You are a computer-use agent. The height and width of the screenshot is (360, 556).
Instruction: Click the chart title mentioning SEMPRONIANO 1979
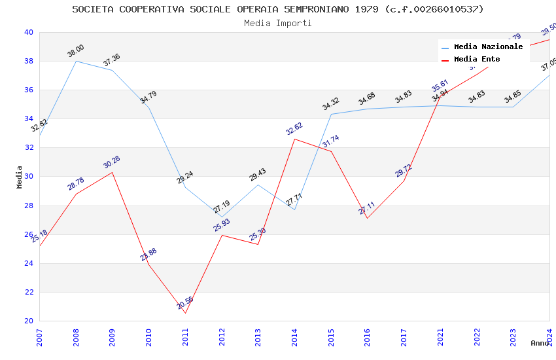tap(278, 9)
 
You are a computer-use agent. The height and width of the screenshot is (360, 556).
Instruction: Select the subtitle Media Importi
tap(278, 23)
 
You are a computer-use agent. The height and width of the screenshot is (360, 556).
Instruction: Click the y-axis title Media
tap(20, 177)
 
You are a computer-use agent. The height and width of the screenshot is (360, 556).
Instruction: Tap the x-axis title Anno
tap(540, 343)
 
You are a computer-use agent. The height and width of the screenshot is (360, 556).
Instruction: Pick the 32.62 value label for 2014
tap(294, 128)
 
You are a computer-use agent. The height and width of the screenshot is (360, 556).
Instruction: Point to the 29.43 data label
tap(258, 175)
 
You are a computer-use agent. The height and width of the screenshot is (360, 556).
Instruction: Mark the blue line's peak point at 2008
tap(76, 61)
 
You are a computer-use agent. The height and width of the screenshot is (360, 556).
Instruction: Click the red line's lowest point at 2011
tap(185, 313)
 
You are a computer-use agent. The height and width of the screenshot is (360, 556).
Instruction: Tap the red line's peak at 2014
tap(294, 139)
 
